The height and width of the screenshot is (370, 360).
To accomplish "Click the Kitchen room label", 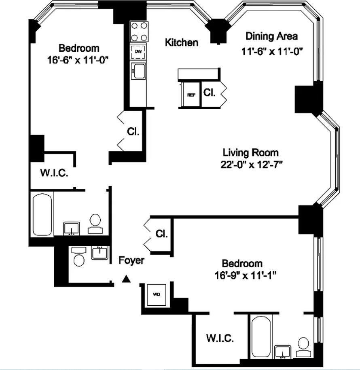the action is click(182, 42).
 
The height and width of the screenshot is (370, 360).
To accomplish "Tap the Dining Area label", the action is click(272, 36).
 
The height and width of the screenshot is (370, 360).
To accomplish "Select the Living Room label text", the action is click(251, 152).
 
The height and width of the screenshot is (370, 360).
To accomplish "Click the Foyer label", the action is click(131, 260).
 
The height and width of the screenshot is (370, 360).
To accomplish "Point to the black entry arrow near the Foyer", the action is click(126, 279).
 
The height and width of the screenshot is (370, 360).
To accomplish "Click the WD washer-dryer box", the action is click(157, 294).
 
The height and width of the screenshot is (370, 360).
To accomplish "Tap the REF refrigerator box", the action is click(191, 95).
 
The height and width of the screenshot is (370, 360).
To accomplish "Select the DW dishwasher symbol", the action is click(138, 51).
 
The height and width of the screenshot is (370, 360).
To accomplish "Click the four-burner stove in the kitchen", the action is click(139, 32).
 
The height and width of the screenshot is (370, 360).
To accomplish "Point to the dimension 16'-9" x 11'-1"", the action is click(246, 275).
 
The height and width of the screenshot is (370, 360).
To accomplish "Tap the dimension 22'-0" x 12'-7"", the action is click(252, 164).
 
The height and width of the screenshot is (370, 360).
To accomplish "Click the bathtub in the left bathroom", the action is click(42, 214).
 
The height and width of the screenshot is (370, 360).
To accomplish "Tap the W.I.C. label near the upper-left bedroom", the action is click(54, 173).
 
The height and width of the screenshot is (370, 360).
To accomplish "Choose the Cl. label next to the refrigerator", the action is click(209, 93).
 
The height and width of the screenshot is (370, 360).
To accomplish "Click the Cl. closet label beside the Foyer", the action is click(161, 234).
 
